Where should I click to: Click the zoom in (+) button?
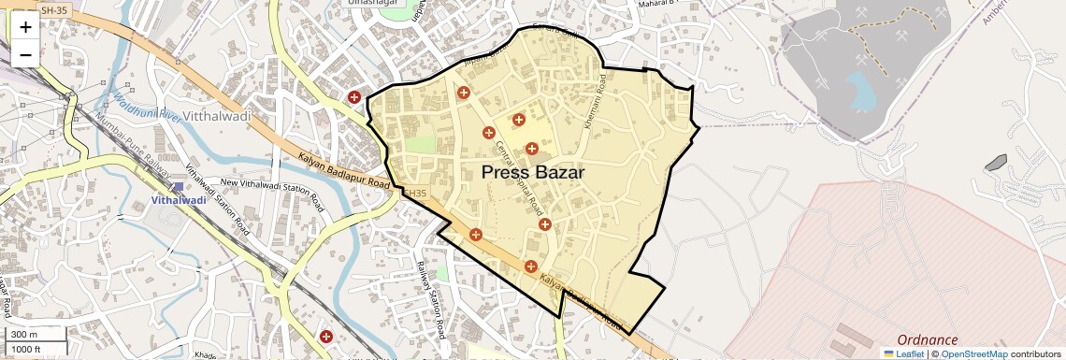25,27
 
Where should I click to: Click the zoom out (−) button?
25,54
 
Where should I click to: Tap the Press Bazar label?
533,173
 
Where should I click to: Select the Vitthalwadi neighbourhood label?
217,117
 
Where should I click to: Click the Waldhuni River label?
146,105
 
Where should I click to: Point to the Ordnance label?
927,340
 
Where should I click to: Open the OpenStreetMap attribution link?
973,354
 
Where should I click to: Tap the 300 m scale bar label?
24,335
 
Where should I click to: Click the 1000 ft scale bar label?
26,349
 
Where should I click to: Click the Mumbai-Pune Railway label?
120,140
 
